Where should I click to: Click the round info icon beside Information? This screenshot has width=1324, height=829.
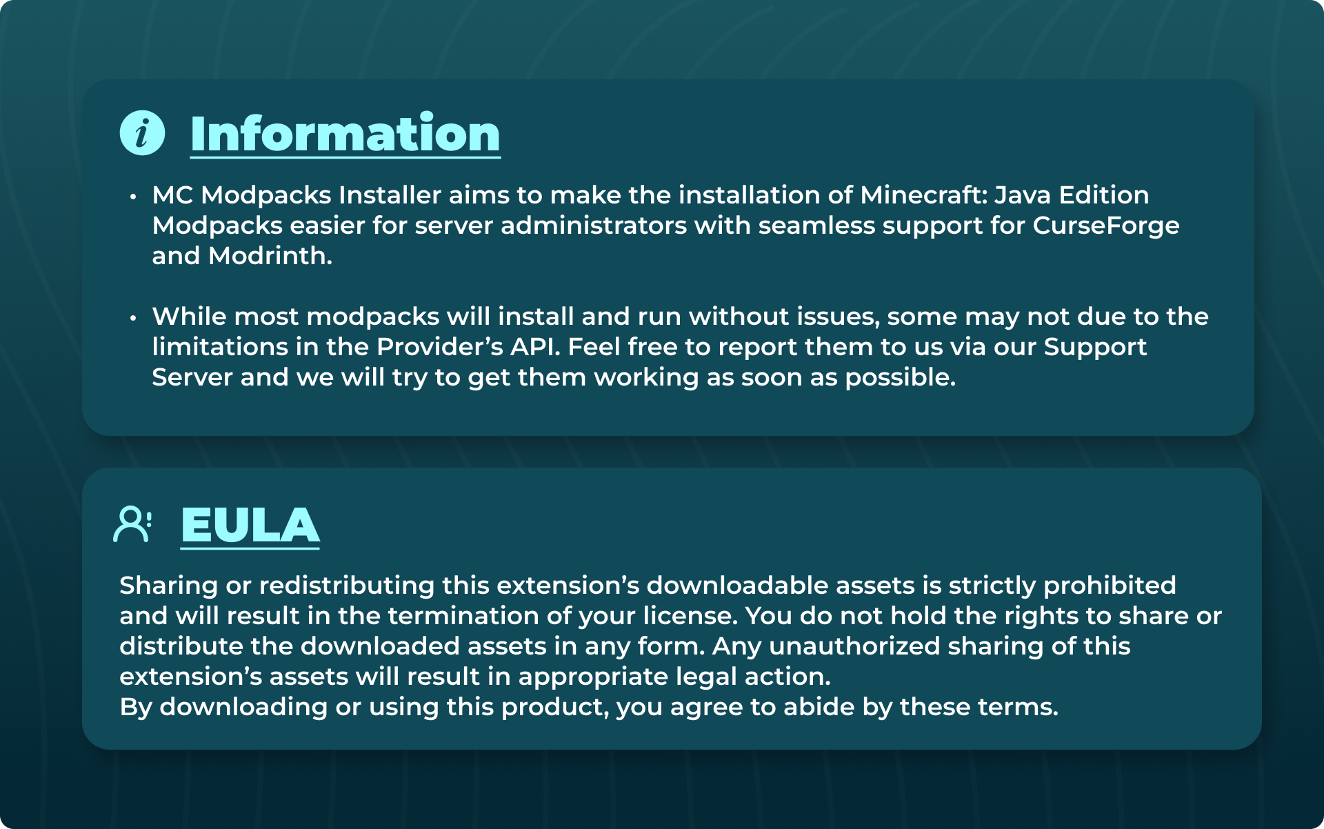pos(142,133)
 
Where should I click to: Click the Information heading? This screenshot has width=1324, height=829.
pos(345,134)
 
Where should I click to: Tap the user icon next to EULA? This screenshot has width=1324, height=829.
pos(132,525)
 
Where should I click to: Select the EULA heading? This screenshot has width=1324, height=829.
pos(250,526)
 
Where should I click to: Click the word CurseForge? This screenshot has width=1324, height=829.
pos(1105,226)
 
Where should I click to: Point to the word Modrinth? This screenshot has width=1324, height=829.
pos(270,256)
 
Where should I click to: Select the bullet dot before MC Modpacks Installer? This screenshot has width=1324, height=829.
pos(133,197)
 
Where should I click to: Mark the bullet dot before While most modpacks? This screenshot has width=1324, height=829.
pos(133,318)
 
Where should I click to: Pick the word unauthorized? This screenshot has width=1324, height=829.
pos(854,646)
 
